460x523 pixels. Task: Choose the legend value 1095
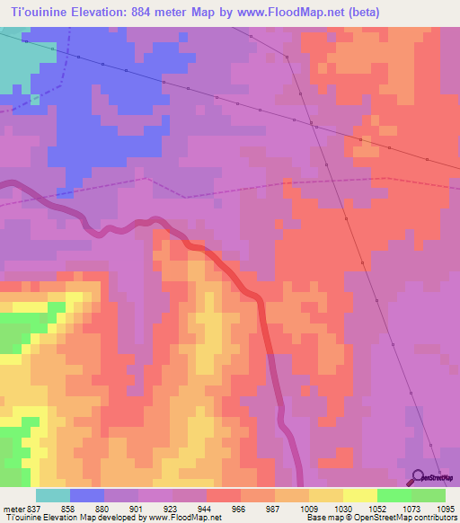point(447,507)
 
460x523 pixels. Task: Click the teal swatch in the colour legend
point(52,495)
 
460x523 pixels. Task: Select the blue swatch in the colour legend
point(86,495)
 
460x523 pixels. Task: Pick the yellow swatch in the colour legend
point(359,495)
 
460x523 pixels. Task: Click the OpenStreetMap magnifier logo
point(418,477)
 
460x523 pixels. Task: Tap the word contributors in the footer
point(435,517)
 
